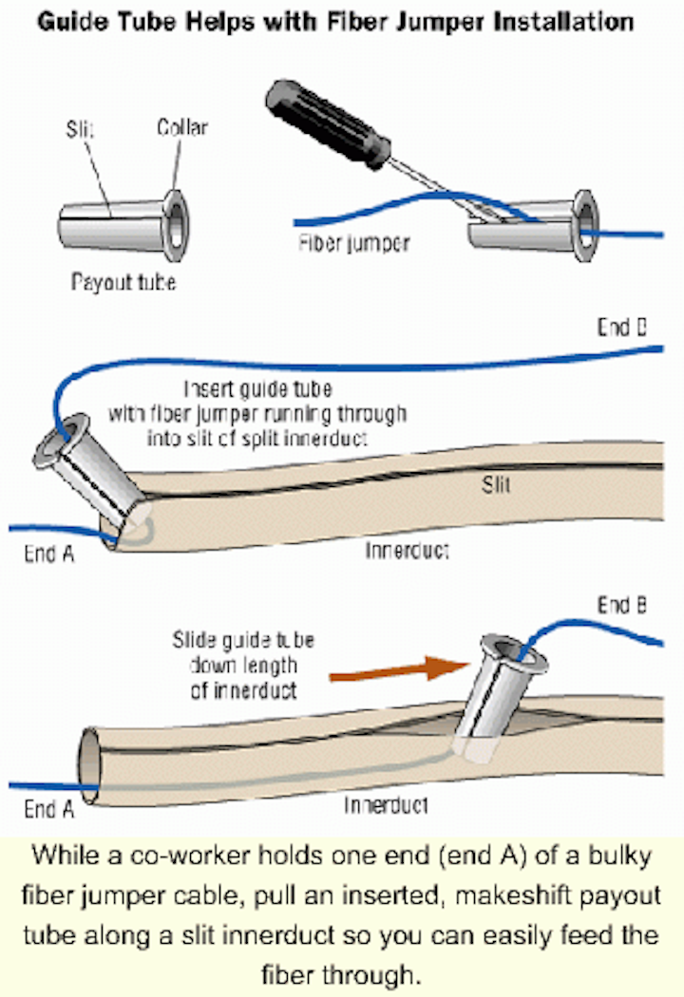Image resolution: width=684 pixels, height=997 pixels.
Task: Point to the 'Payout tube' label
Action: [123, 282]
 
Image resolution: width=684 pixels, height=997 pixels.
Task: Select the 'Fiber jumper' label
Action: [352, 243]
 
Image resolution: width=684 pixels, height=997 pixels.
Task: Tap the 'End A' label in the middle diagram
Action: [48, 554]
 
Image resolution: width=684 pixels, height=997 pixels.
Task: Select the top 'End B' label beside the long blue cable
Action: [622, 328]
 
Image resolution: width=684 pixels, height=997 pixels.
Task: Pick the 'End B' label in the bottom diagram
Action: [622, 605]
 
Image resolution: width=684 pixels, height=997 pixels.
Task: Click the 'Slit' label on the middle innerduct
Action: [495, 485]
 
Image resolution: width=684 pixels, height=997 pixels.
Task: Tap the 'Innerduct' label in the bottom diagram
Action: [386, 805]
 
